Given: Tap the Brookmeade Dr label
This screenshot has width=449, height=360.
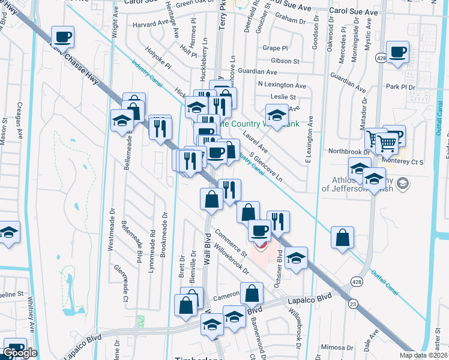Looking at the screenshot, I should point(164,234).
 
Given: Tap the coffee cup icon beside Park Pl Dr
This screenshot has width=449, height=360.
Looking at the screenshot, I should point(397,52).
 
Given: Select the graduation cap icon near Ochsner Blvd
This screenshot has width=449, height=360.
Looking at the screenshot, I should point(296,258).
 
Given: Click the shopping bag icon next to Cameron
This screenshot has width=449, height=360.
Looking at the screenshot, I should point(253,293).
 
